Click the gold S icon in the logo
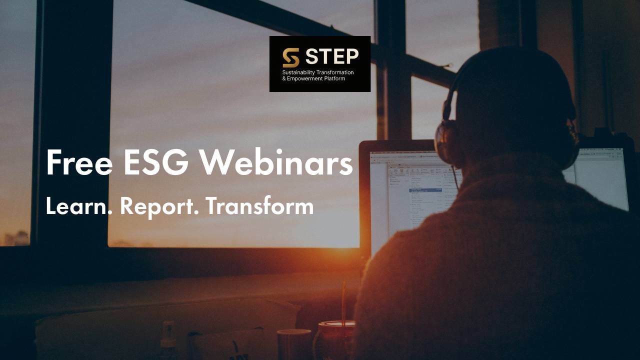tap(291, 58)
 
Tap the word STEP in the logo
tap(332, 57)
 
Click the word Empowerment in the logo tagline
tap(305, 78)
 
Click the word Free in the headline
tap(79, 162)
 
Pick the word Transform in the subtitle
tap(259, 206)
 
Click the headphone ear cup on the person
tap(446, 142)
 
